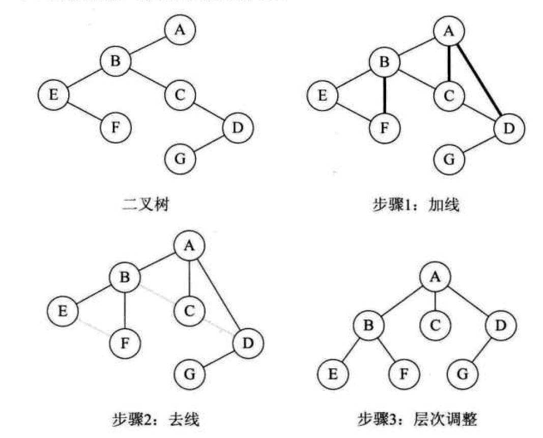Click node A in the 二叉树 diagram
point(179,30)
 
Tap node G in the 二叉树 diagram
point(180,159)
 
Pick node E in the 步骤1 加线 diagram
point(322,95)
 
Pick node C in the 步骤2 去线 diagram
point(189,310)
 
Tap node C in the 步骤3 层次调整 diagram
point(434,324)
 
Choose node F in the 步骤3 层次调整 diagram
point(403,374)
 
